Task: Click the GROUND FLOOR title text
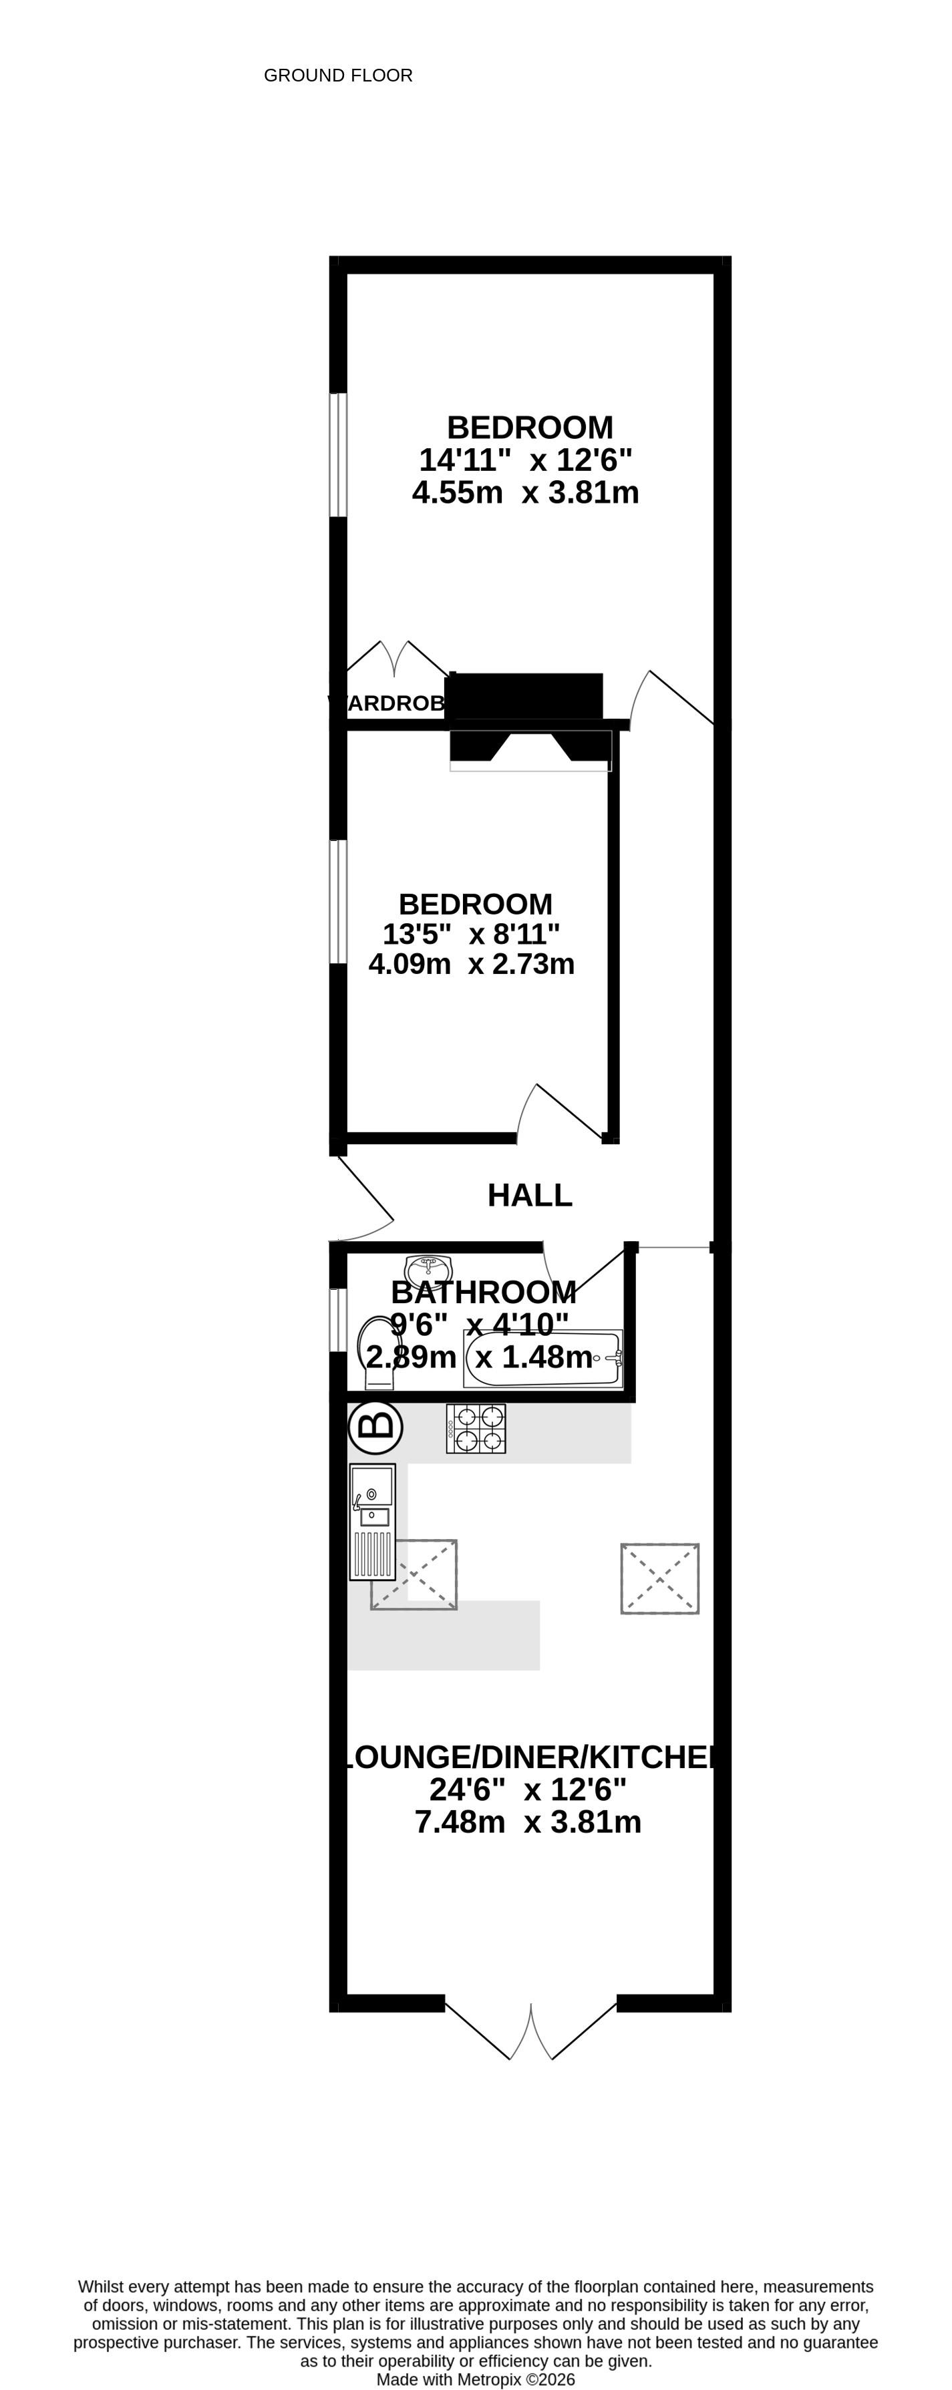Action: pos(338,75)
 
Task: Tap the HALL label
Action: pos(530,1195)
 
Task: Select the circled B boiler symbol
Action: pos(375,1427)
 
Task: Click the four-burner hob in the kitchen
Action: pos(476,1429)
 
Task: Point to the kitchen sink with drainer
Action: pos(372,1522)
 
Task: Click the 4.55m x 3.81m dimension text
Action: pos(525,492)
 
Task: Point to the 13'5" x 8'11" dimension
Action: pos(472,933)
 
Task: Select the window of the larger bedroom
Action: pos(339,455)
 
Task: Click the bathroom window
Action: pos(339,1319)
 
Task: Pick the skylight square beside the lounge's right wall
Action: pos(660,1578)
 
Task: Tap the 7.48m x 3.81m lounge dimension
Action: pos(527,1822)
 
